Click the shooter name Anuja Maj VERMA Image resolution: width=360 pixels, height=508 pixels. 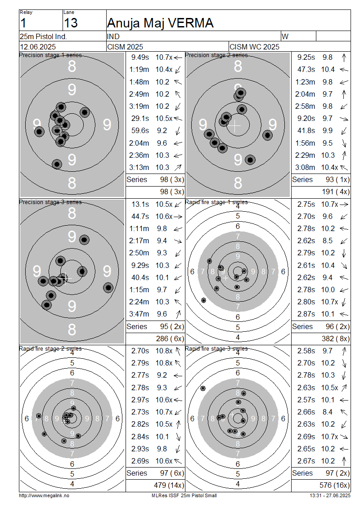pyautogui.click(x=160, y=23)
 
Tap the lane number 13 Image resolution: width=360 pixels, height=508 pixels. pyautogui.click(x=71, y=23)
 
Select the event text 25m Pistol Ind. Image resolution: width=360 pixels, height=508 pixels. pyautogui.click(x=43, y=36)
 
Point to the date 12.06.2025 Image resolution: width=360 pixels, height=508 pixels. pyautogui.click(x=38, y=47)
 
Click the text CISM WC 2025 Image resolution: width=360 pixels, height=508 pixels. pyautogui.click(x=254, y=47)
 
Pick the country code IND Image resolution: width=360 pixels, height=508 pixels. pyautogui.click(x=113, y=36)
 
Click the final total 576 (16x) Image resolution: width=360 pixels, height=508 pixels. pyautogui.click(x=334, y=486)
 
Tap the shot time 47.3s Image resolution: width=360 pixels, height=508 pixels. pyautogui.click(x=306, y=70)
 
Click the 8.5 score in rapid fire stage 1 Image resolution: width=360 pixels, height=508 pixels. pyautogui.click(x=327, y=241)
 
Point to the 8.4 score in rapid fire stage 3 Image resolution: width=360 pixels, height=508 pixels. pyautogui.click(x=327, y=412)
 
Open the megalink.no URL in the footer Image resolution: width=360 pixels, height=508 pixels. pyautogui.click(x=44, y=495)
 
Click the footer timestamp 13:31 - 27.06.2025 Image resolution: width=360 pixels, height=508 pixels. pyautogui.click(x=330, y=495)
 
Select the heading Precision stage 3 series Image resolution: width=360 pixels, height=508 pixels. pyautogui.click(x=50, y=202)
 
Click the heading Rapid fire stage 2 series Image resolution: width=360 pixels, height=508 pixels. pyautogui.click(x=50, y=349)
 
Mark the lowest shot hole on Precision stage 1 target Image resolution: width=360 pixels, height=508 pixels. pyautogui.click(x=57, y=164)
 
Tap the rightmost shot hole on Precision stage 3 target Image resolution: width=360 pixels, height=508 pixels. pyautogui.click(x=108, y=287)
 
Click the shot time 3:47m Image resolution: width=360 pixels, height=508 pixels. pyautogui.click(x=139, y=314)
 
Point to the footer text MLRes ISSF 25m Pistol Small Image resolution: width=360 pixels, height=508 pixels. pyautogui.click(x=184, y=495)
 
